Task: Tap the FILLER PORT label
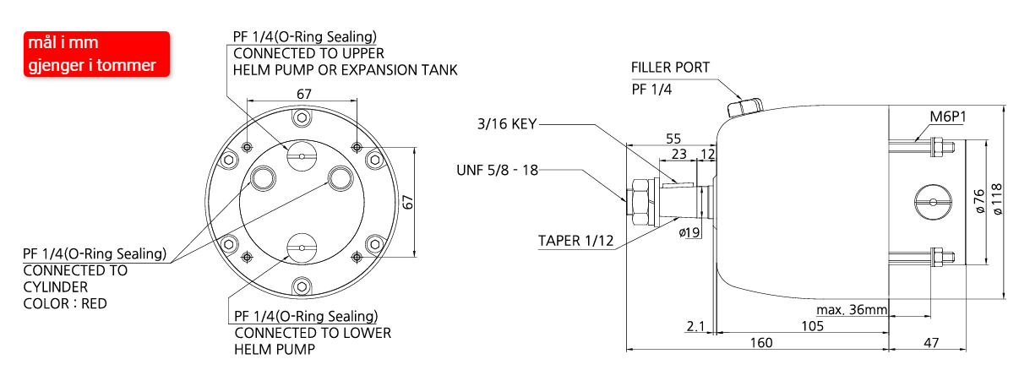[670, 68]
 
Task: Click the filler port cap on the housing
[744, 106]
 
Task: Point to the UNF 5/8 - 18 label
[497, 170]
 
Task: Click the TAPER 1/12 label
[575, 240]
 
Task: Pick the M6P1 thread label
[947, 117]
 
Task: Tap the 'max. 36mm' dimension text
[851, 309]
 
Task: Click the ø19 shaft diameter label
[689, 232]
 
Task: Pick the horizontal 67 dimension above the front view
[302, 93]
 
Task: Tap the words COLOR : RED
[65, 303]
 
